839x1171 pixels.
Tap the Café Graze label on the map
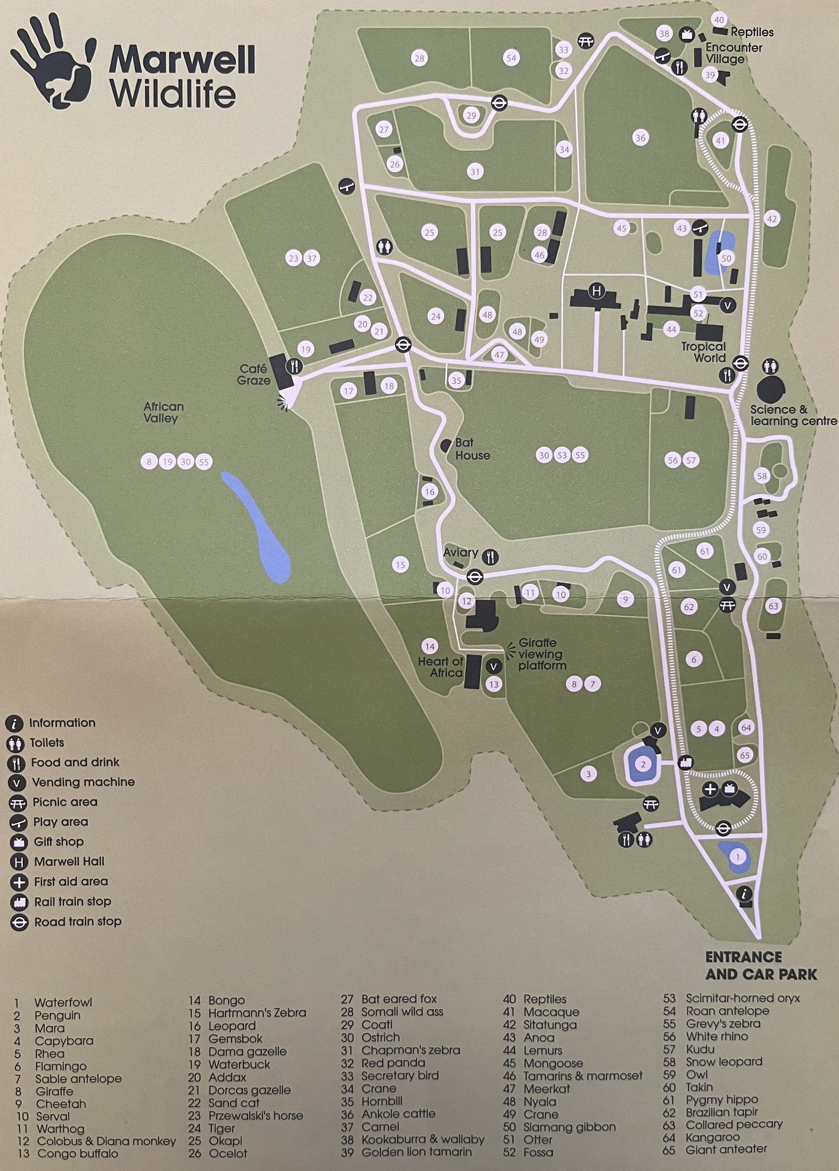point(254,375)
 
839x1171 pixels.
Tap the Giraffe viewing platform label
point(541,654)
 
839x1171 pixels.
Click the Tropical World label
point(703,352)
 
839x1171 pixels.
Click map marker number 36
point(641,138)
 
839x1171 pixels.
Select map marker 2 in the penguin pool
point(643,764)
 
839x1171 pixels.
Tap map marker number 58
point(762,476)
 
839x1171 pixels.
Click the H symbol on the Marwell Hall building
point(597,291)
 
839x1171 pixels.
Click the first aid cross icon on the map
point(710,789)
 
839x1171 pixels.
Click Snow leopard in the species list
point(724,1061)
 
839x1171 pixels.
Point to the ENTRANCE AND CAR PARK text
point(760,966)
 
